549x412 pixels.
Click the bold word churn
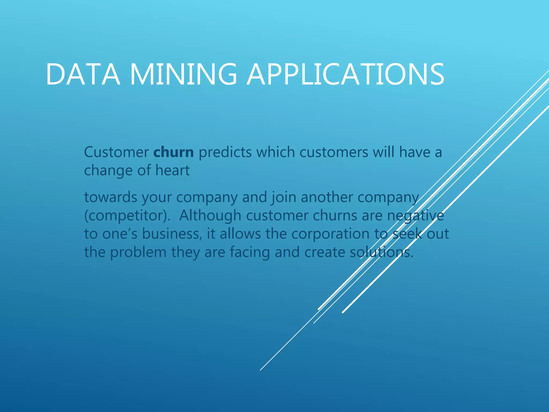click(x=173, y=152)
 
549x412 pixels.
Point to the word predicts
click(x=225, y=152)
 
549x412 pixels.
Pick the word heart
click(x=172, y=170)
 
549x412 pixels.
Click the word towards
click(x=111, y=197)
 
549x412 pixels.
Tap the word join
click(x=283, y=198)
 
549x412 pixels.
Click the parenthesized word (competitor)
click(x=127, y=216)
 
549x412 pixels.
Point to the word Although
click(x=210, y=215)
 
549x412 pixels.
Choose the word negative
click(x=416, y=216)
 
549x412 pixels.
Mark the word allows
click(x=240, y=234)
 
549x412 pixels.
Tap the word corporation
click(x=330, y=234)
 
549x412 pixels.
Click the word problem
click(x=138, y=252)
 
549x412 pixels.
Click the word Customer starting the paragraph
click(x=116, y=152)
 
